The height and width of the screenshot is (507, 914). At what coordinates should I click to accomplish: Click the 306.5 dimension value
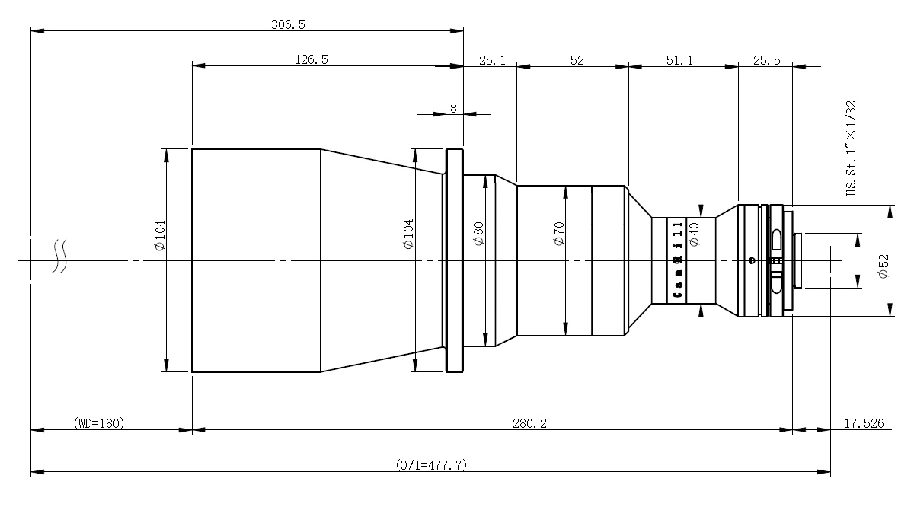(288, 25)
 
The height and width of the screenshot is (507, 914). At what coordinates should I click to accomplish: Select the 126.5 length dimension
(312, 60)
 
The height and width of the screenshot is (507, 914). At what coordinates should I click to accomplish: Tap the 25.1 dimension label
(492, 61)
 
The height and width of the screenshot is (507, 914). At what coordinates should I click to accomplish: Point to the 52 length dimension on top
(577, 61)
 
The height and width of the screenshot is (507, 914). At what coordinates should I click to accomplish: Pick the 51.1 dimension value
(679, 61)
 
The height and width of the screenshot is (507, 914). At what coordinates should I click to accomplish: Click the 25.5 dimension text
(767, 61)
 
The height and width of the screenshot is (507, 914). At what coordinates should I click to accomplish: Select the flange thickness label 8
(453, 108)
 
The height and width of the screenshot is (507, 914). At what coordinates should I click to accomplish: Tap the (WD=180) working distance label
(99, 423)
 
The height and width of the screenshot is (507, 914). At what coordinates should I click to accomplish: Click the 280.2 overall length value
(529, 424)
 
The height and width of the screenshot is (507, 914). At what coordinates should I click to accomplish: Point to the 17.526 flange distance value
(864, 424)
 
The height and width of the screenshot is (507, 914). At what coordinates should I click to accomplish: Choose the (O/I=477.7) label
(431, 465)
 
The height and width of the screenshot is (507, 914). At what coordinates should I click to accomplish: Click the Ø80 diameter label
(478, 234)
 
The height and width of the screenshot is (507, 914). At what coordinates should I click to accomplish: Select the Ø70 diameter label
(559, 234)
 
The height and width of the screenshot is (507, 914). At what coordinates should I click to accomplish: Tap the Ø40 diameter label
(694, 234)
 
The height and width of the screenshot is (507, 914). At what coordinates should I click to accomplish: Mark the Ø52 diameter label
(884, 266)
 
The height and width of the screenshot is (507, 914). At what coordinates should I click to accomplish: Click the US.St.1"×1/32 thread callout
(852, 148)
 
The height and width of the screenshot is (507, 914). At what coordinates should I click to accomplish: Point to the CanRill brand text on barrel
(677, 260)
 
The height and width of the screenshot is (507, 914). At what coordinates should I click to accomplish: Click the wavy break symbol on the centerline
(59, 256)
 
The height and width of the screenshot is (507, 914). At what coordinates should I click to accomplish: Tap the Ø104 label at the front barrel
(161, 236)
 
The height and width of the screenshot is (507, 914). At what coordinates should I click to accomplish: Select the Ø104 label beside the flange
(408, 234)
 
